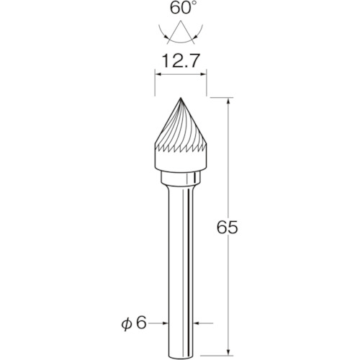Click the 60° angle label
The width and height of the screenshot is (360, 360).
182,8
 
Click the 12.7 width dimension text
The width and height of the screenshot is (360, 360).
181,61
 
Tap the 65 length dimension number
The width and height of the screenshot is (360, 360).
228,227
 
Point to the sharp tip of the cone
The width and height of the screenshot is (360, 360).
181,98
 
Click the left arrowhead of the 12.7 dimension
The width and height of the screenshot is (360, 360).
158,74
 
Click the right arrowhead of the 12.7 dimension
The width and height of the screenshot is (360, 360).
204,74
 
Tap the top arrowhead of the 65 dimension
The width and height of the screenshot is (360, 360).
228,101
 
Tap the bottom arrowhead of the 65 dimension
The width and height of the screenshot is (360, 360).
228,351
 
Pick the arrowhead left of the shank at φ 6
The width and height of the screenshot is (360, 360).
166,323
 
